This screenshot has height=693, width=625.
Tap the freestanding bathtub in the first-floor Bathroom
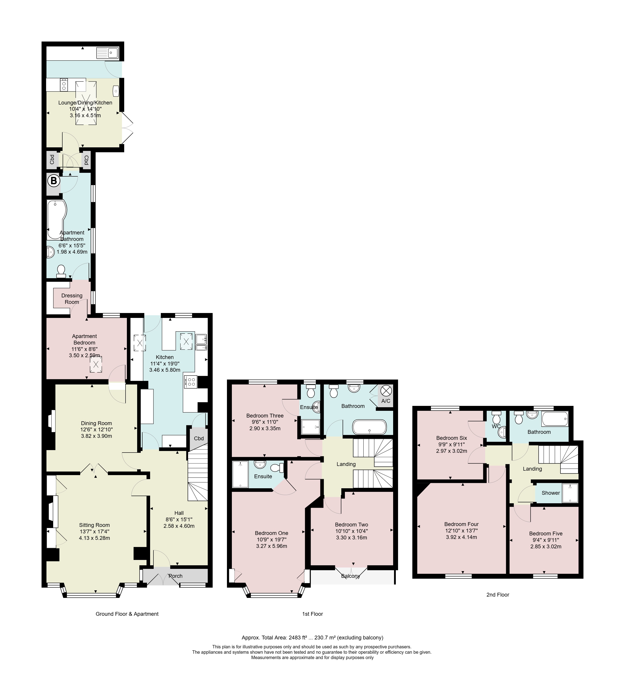[x=369, y=427]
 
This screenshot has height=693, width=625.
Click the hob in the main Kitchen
[x=191, y=382]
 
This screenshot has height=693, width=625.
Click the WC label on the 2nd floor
[x=496, y=426]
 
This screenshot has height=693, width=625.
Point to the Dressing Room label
[x=72, y=299]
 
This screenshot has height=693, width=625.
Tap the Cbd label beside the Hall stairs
[x=199, y=438]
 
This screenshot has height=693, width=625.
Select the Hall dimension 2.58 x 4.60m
[x=179, y=526]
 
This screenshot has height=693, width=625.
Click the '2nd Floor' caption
[x=498, y=595]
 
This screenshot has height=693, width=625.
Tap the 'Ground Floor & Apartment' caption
[x=127, y=614]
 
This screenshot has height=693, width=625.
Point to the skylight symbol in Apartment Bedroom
[x=96, y=365]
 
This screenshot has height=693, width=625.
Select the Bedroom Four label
[x=461, y=524]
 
